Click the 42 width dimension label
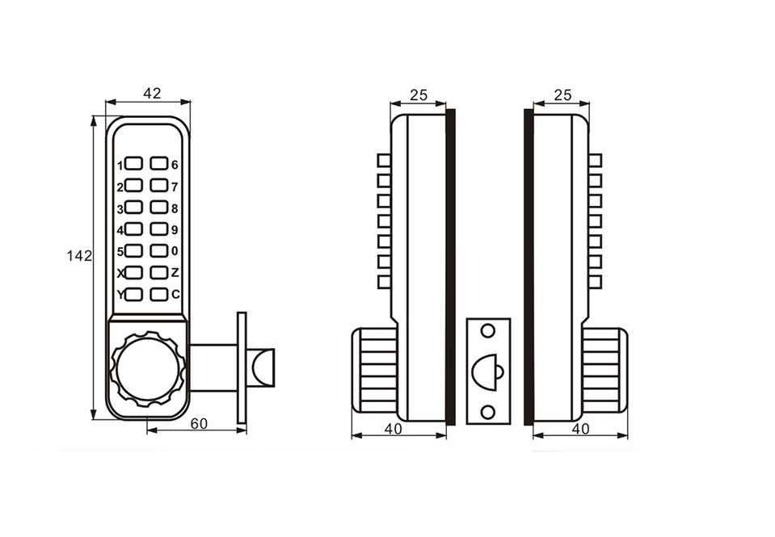coord(151,94)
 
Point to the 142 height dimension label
coord(79,255)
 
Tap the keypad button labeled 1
coord(134,165)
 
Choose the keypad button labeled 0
coord(158,250)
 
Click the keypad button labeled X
coord(134,273)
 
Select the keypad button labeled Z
coord(158,272)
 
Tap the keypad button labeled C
coord(158,294)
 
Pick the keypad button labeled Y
coord(134,295)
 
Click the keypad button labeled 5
coord(134,251)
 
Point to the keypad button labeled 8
coord(158,208)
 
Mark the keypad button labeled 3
coord(134,208)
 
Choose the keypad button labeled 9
coord(158,229)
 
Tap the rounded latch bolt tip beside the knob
coord(263,367)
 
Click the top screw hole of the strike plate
coord(487,331)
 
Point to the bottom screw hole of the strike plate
coord(487,411)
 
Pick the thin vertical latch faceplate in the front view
coord(241,367)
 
